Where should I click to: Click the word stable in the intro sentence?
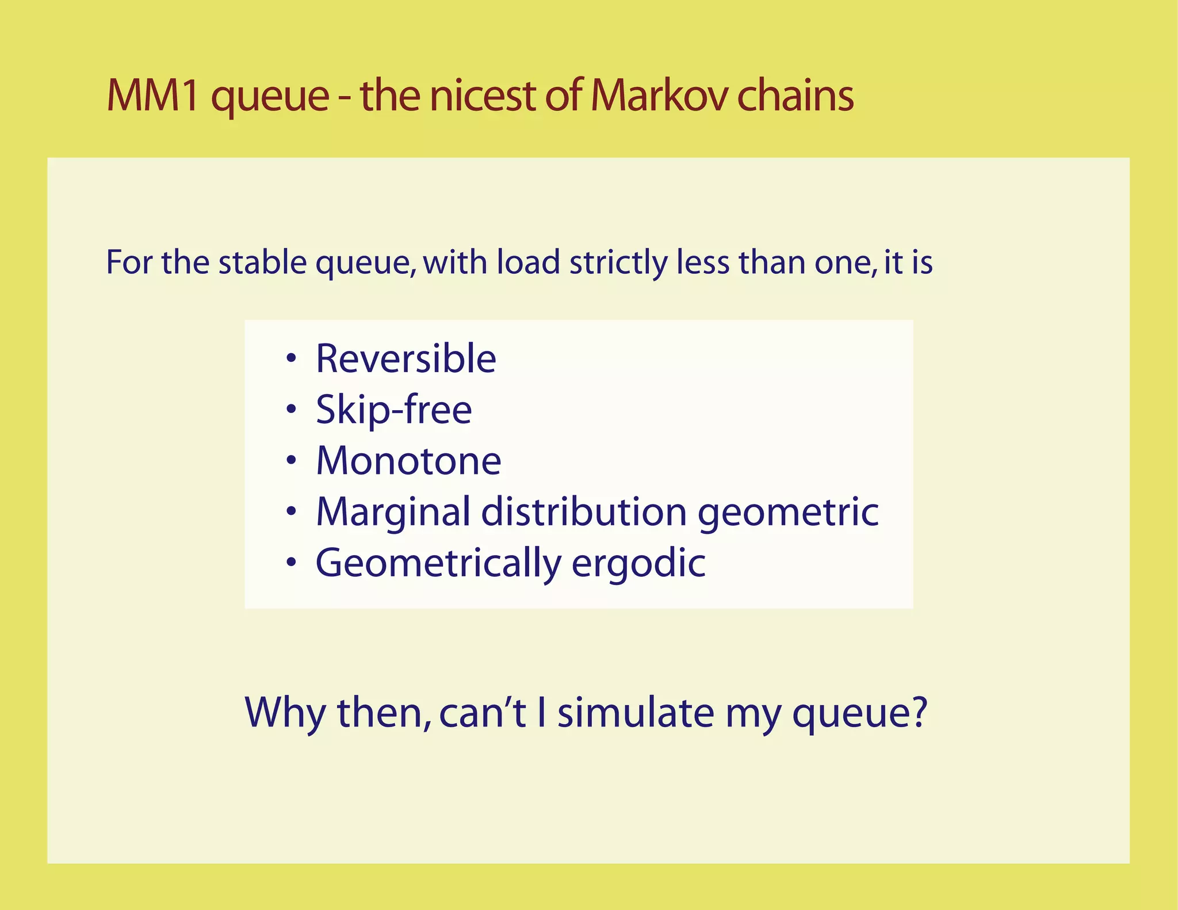[x=263, y=262]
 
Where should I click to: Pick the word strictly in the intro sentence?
[x=618, y=263]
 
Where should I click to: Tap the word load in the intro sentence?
[x=528, y=262]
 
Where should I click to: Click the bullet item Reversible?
[x=406, y=359]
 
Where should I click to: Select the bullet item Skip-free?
[x=393, y=410]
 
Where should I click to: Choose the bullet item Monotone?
[x=408, y=461]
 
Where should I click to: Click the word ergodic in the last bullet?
[x=638, y=564]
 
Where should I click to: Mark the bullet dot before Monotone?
[x=292, y=461]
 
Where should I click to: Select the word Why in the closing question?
[x=285, y=713]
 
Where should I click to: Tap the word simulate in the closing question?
[x=636, y=713]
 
